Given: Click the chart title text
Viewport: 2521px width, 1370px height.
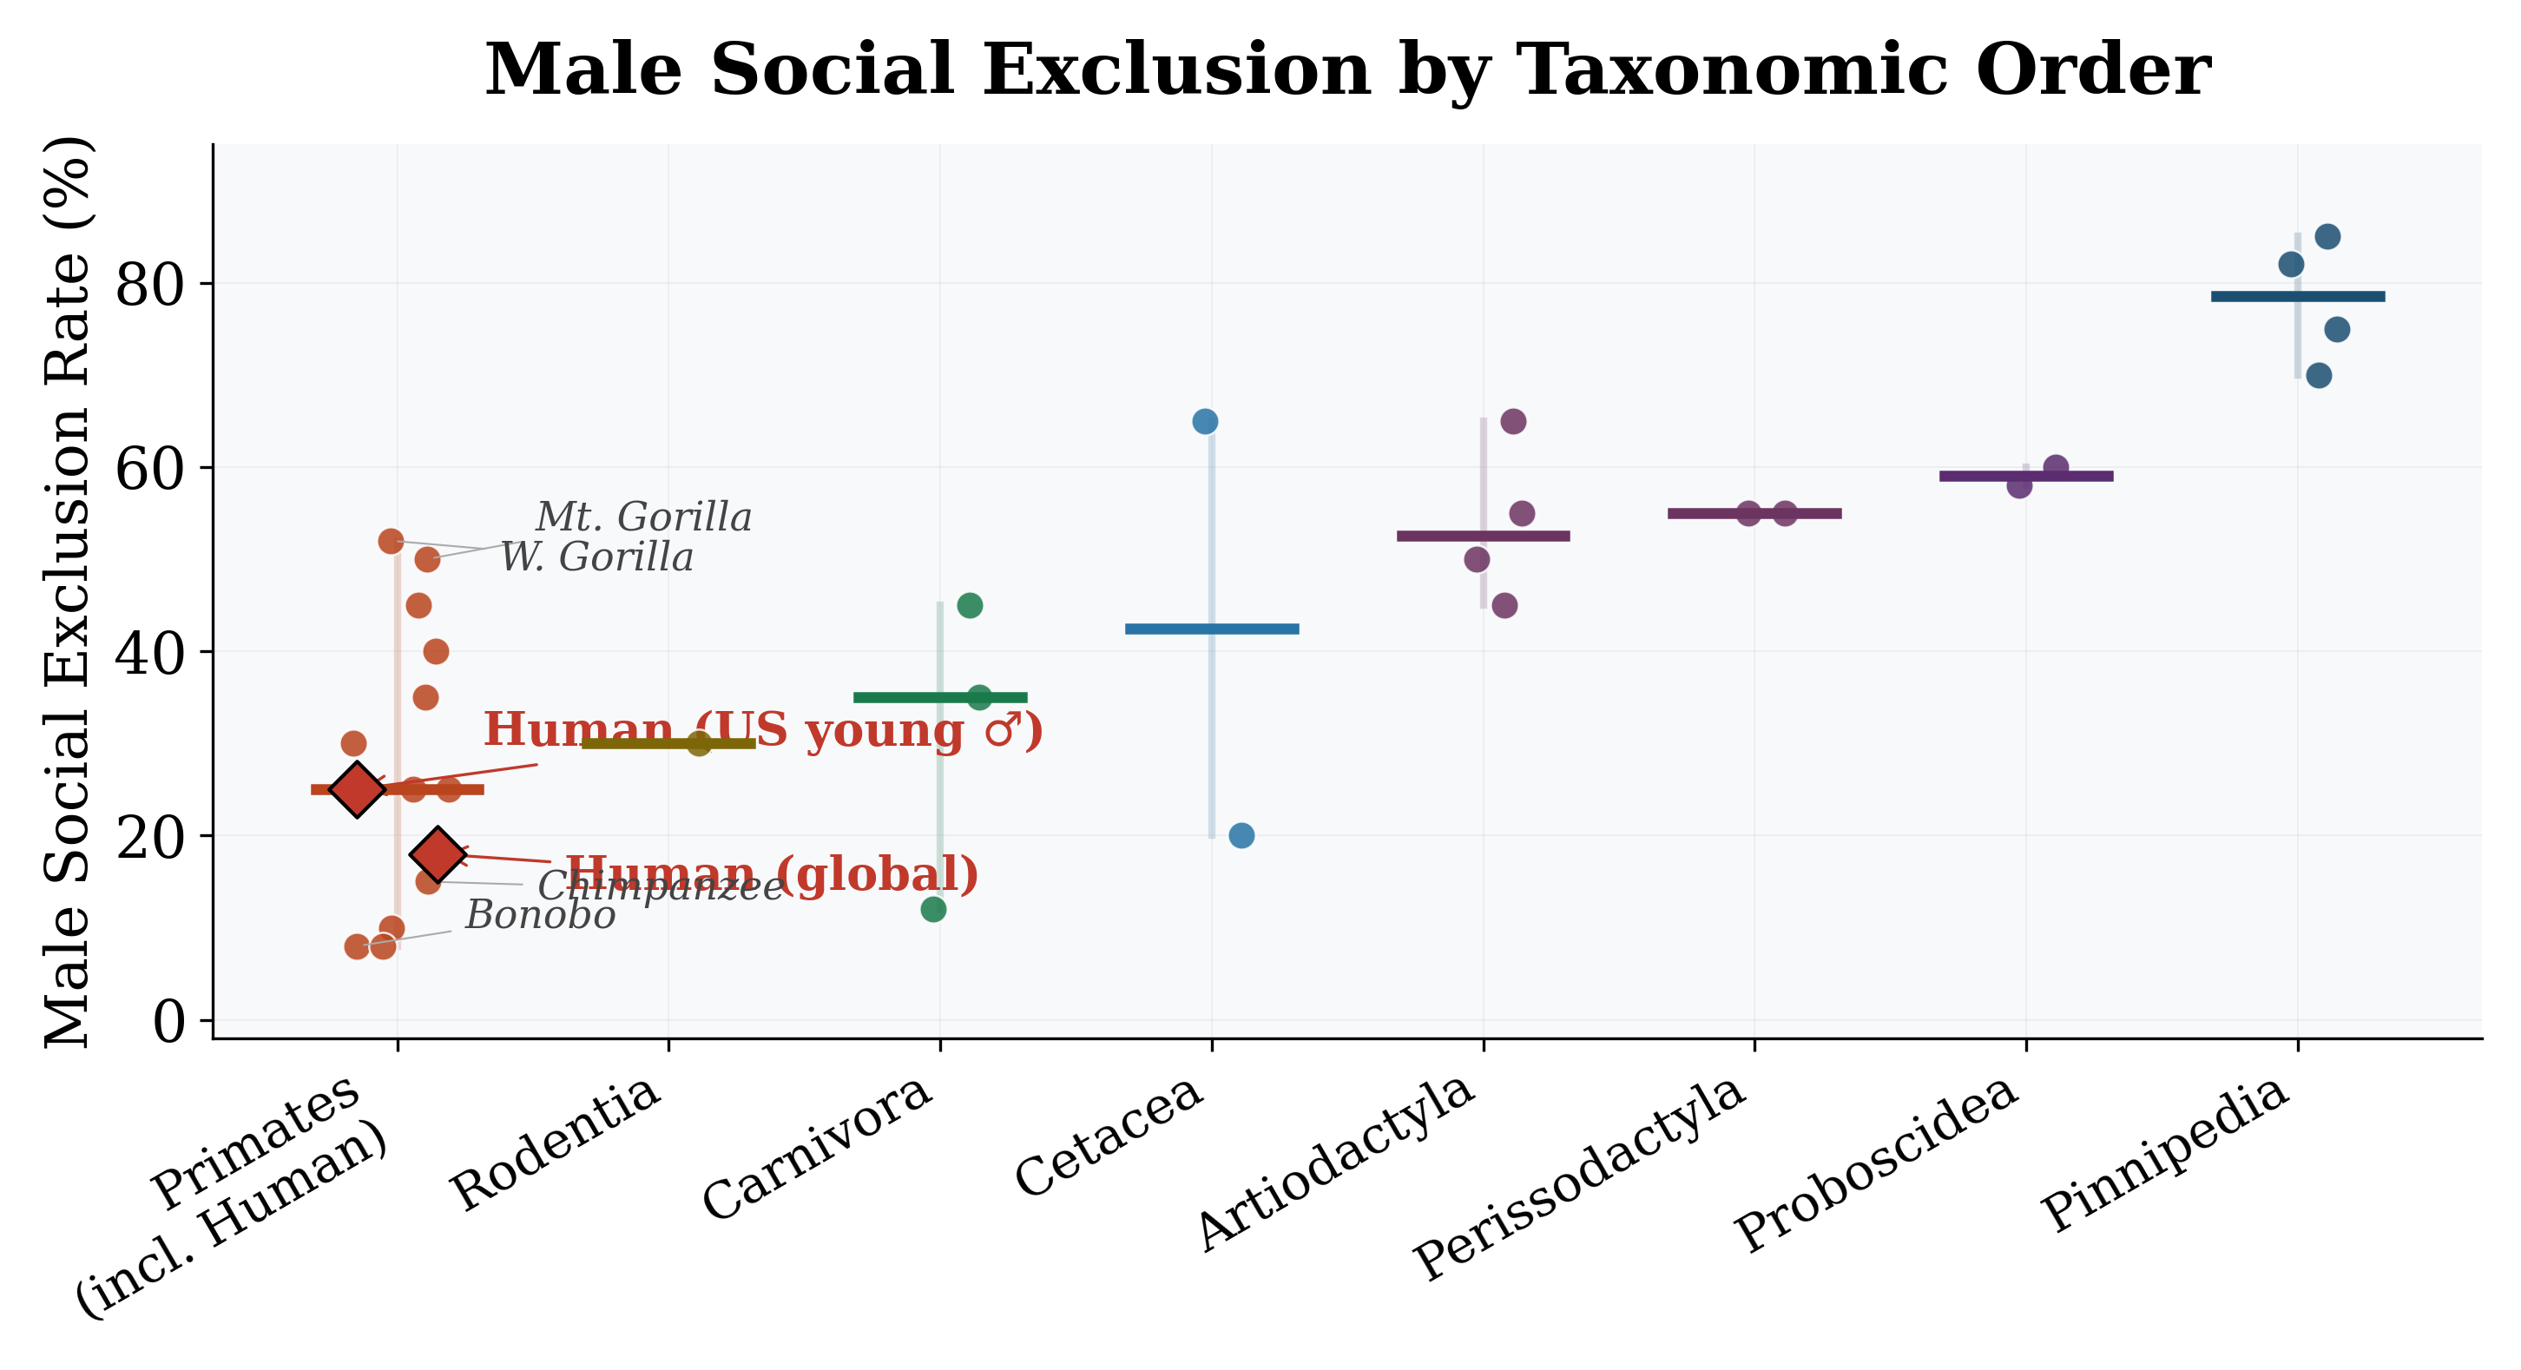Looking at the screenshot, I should [1346, 70].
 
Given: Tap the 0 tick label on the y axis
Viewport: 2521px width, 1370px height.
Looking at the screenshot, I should [169, 1023].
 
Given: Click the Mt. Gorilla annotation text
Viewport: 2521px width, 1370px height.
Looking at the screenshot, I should [643, 517].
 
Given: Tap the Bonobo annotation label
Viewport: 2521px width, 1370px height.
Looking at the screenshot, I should [540, 916].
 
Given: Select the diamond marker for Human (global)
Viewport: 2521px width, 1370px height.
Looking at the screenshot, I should [438, 853].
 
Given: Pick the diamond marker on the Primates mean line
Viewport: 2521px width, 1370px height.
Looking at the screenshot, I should [357, 788].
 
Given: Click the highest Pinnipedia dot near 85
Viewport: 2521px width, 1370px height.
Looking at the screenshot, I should [2327, 237].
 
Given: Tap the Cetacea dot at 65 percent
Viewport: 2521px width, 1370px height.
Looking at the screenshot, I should [1205, 422].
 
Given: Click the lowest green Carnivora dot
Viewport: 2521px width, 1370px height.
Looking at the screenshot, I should [933, 909].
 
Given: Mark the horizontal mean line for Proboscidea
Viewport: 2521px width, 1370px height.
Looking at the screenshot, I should [2026, 477].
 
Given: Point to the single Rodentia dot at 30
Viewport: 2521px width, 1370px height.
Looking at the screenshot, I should [699, 744].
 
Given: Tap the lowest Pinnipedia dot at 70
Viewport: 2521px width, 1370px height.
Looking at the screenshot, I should [2319, 376].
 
